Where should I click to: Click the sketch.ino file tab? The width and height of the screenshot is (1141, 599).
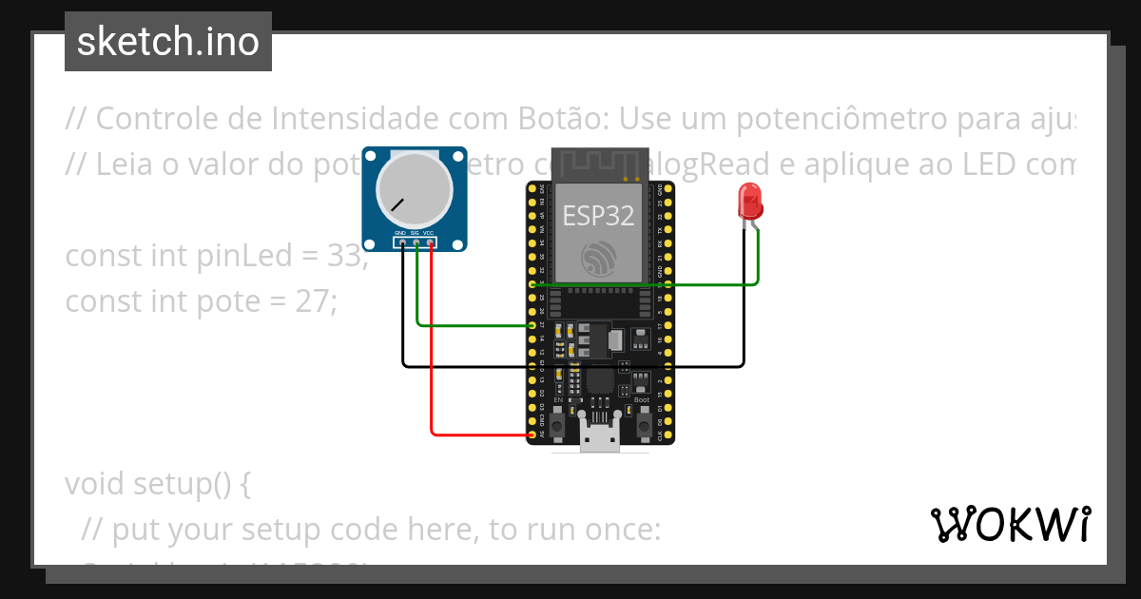168,42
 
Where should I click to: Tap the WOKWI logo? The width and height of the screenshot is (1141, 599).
1010,524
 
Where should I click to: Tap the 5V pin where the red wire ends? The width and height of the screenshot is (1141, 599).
532,435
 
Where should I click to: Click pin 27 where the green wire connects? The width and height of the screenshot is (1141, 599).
532,325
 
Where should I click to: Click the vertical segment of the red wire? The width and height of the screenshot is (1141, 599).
432,342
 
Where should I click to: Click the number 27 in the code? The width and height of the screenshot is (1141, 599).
309,301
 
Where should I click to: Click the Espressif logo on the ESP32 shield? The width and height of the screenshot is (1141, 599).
599,257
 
